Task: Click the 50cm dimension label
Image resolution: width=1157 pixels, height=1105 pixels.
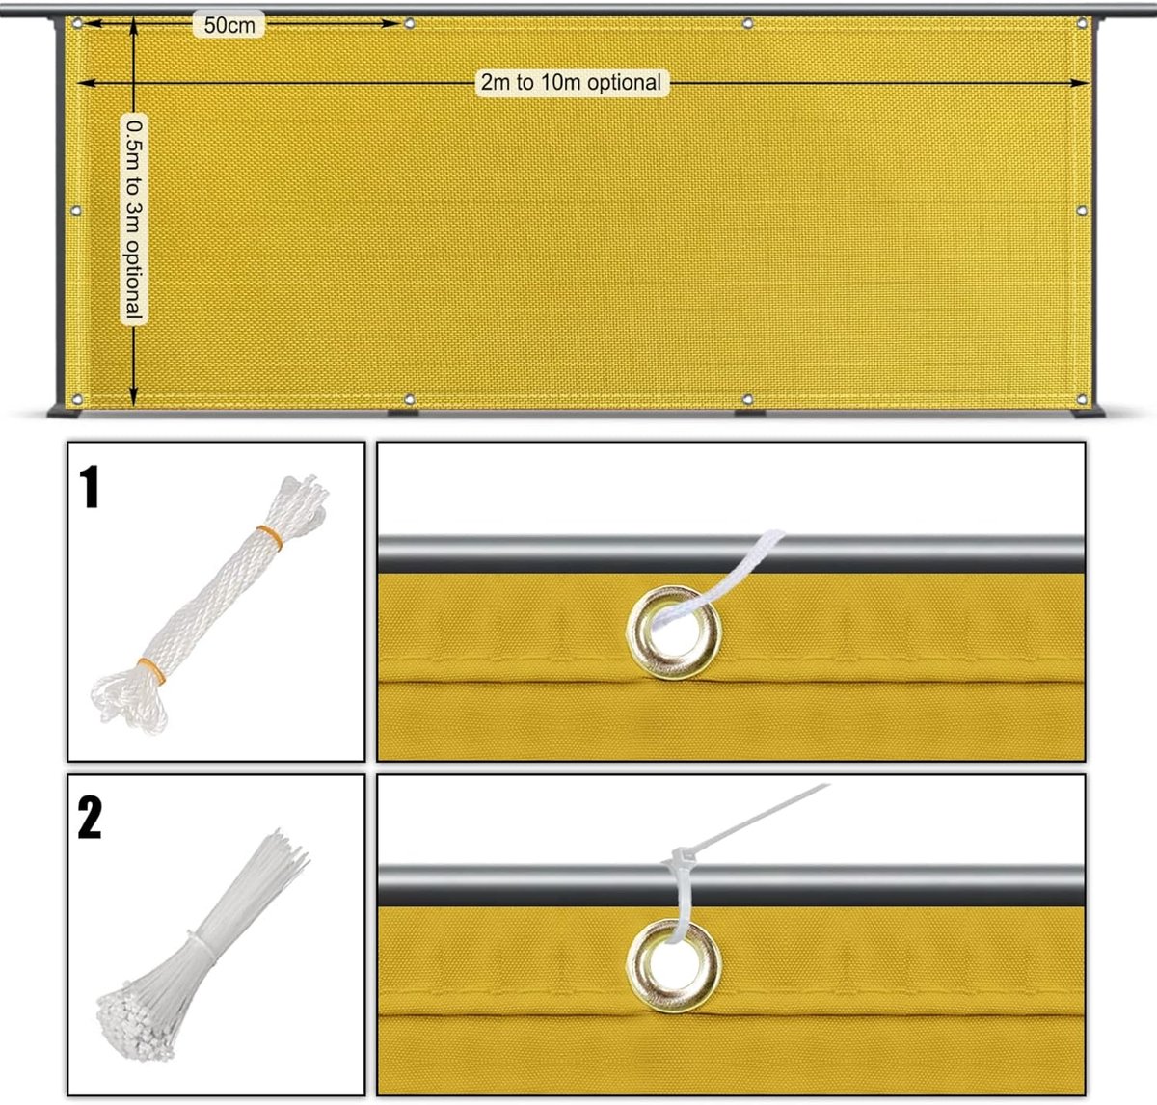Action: (x=229, y=25)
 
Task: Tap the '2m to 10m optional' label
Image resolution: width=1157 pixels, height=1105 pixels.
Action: (x=571, y=82)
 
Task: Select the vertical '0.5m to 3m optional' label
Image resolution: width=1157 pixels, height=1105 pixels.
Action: (x=134, y=220)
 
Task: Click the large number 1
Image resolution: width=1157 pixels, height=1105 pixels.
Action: (x=90, y=486)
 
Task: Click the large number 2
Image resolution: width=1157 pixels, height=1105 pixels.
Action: (x=90, y=818)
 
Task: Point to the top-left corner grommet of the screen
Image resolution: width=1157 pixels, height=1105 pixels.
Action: (x=77, y=23)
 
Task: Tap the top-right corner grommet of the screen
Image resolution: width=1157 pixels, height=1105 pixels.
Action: (x=1082, y=23)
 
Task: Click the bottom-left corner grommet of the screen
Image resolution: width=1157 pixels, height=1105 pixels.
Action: (x=77, y=399)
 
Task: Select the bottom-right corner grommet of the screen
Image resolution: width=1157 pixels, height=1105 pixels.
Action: (x=1082, y=399)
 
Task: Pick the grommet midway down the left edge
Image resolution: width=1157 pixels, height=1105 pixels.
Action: (x=76, y=210)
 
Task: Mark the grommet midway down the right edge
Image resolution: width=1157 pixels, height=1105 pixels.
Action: (x=1082, y=210)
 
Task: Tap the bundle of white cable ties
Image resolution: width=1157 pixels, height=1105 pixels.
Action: (x=202, y=946)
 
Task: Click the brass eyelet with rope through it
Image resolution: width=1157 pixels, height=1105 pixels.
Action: (x=674, y=633)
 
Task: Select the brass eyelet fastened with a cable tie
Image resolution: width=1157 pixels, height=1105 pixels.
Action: (x=674, y=965)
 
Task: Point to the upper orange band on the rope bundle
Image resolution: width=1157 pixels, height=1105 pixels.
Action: (x=270, y=537)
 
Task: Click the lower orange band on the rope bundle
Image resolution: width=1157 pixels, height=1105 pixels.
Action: (x=152, y=671)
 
